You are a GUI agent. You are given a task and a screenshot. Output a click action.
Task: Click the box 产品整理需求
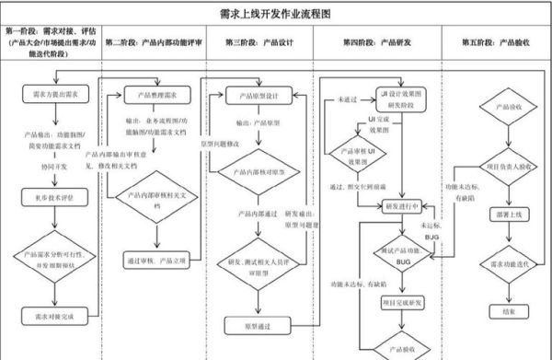click(x=150, y=94)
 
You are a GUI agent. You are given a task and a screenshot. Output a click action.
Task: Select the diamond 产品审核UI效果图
click(x=363, y=155)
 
